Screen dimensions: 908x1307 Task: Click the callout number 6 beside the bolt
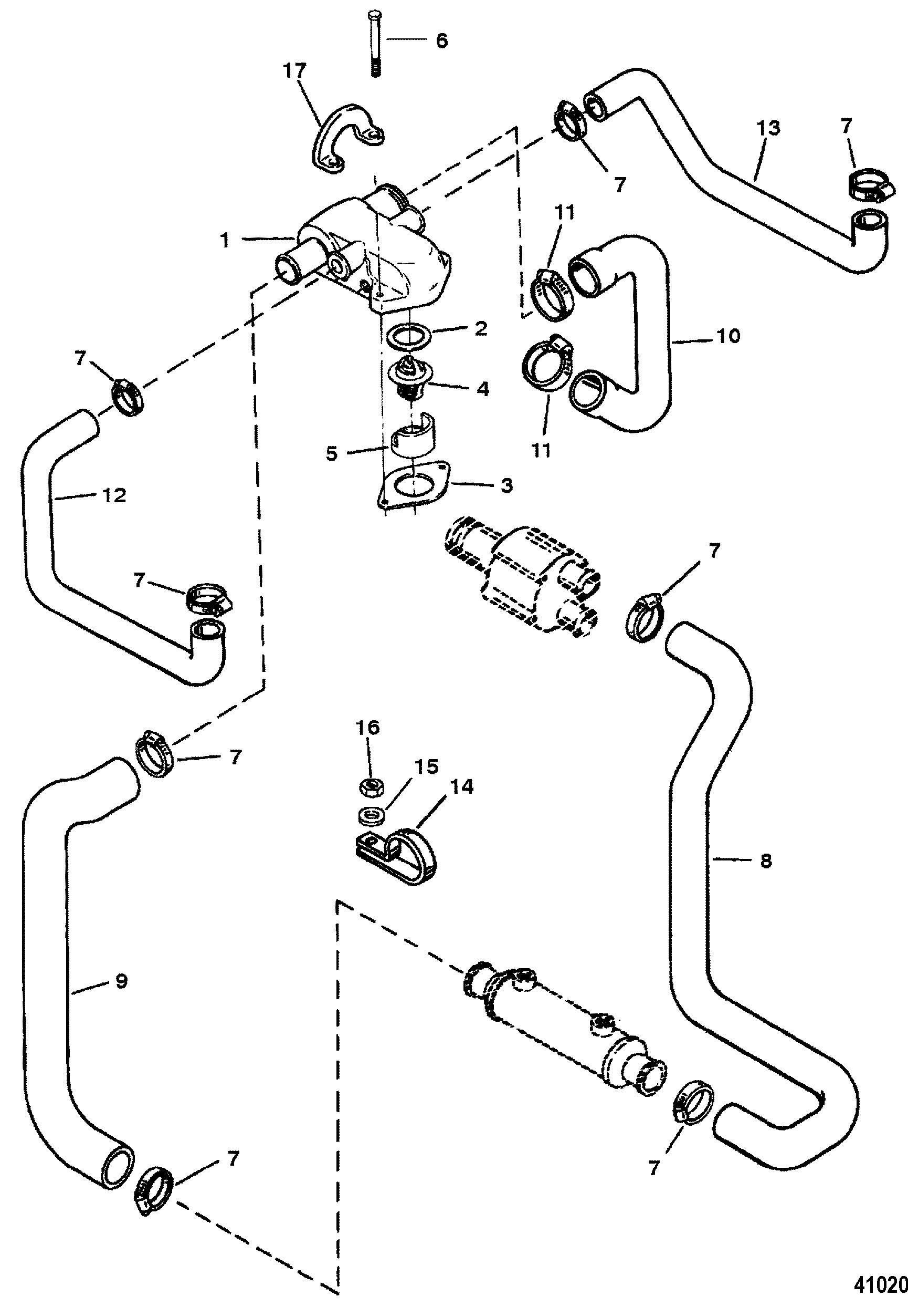pos(441,40)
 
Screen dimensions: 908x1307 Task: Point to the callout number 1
pos(226,241)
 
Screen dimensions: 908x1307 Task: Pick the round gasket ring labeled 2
pos(408,337)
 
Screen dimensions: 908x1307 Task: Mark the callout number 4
pos(482,389)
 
